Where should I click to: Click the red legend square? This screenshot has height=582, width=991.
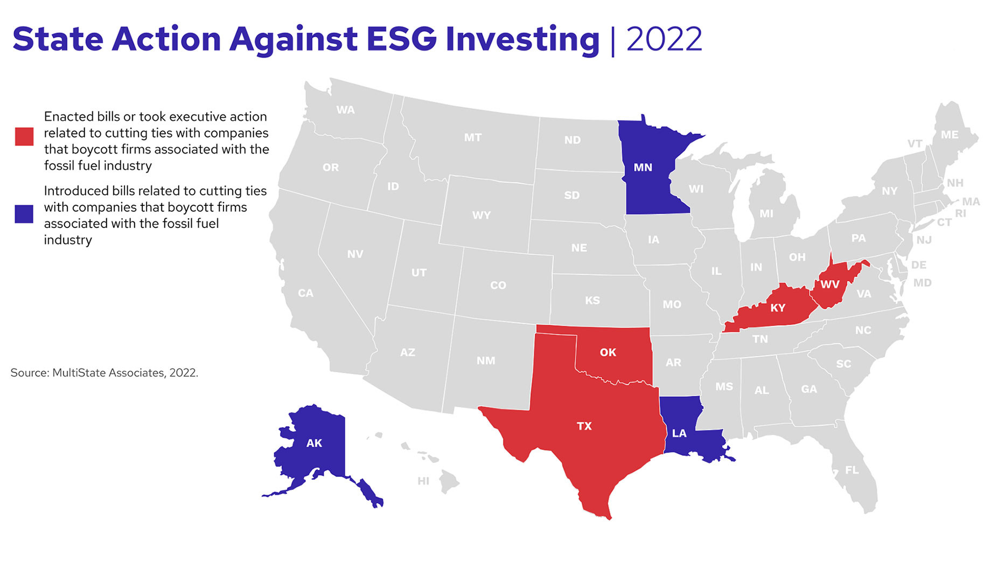pyautogui.click(x=24, y=136)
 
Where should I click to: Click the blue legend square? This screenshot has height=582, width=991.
pyautogui.click(x=24, y=214)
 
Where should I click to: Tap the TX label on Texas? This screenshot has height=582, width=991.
pyautogui.click(x=584, y=426)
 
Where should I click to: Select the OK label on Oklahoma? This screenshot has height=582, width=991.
pyautogui.click(x=608, y=352)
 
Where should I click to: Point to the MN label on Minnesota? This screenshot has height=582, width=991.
pyautogui.click(x=643, y=168)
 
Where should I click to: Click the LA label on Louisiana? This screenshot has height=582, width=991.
pyautogui.click(x=679, y=433)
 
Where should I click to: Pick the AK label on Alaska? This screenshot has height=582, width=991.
pyautogui.click(x=314, y=443)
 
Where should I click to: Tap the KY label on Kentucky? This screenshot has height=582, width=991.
pyautogui.click(x=777, y=308)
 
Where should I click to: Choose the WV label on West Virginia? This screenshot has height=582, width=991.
pyautogui.click(x=829, y=285)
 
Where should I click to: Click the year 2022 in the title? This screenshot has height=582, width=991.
pyautogui.click(x=664, y=39)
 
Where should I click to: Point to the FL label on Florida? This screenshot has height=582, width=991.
pyautogui.click(x=852, y=470)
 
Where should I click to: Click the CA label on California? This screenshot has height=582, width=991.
pyautogui.click(x=305, y=293)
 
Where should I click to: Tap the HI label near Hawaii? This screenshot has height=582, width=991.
pyautogui.click(x=423, y=481)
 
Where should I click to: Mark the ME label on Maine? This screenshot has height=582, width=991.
pyautogui.click(x=950, y=135)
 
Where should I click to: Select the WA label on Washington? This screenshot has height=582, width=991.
pyautogui.click(x=345, y=110)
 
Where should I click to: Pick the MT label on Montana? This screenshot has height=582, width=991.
pyautogui.click(x=472, y=138)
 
